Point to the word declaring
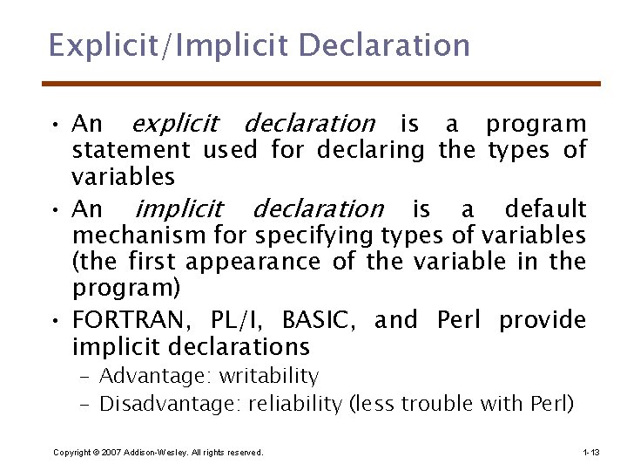click(x=370, y=150)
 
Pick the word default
click(x=545, y=209)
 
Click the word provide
click(x=542, y=320)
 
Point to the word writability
click(x=269, y=377)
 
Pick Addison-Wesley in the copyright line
click(x=153, y=453)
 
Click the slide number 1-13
click(x=590, y=453)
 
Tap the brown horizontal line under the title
click(x=321, y=84)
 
